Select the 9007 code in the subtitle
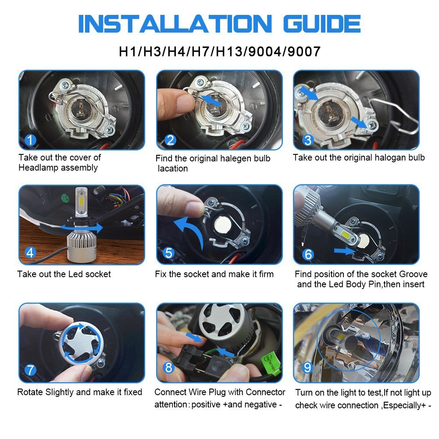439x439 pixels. pyautogui.click(x=302, y=51)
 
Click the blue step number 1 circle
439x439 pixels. pyautogui.click(x=30, y=141)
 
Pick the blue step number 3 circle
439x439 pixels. pyautogui.click(x=308, y=141)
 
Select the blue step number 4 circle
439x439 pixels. pyautogui.click(x=30, y=253)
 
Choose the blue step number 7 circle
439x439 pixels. pyautogui.click(x=30, y=370)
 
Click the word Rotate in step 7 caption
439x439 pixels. pyautogui.click(x=30, y=392)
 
